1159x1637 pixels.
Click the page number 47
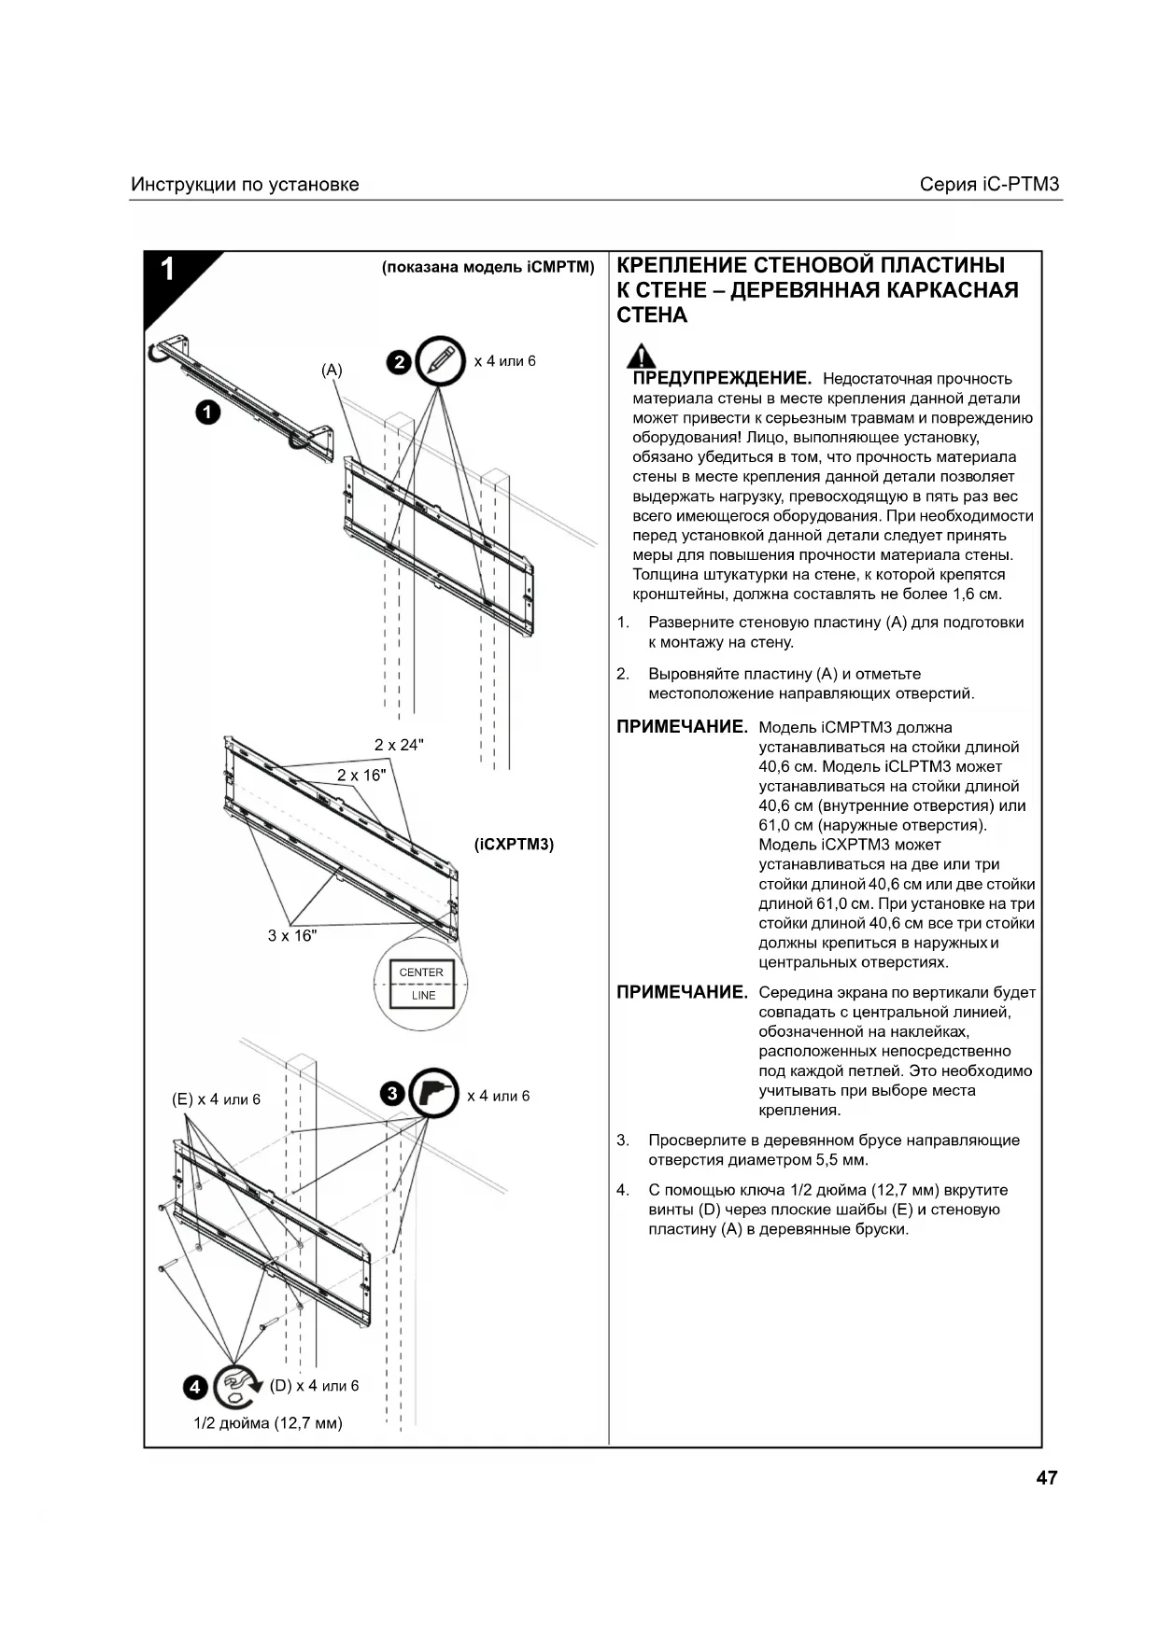(1046, 1477)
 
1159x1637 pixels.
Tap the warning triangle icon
(641, 356)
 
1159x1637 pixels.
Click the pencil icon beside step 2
(441, 360)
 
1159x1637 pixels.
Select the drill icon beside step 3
(434, 1093)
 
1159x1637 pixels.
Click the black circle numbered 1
(207, 412)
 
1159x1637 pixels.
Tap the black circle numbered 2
(399, 362)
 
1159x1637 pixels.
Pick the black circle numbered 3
(392, 1094)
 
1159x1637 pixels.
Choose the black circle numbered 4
(195, 1387)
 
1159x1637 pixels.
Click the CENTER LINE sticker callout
(421, 984)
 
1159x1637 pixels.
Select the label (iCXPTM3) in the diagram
(514, 845)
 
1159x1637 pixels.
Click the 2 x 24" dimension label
(399, 745)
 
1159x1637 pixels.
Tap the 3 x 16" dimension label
(292, 935)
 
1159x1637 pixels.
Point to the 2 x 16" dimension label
(361, 776)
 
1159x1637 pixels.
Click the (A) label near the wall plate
(332, 371)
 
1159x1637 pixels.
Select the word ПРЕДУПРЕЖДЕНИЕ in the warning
(722, 378)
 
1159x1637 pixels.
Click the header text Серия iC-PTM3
(989, 184)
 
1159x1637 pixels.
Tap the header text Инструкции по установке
(245, 184)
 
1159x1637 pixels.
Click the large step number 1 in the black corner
(167, 270)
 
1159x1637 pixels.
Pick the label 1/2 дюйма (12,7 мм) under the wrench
(268, 1423)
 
